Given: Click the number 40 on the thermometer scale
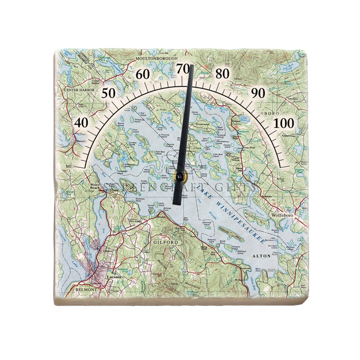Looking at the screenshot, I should click(x=81, y=122).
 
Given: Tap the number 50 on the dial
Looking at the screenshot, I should click(x=109, y=92).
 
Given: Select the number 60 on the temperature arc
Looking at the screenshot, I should click(x=143, y=74).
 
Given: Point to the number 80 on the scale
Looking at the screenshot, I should click(x=223, y=74).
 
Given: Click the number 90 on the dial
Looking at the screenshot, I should click(x=258, y=92).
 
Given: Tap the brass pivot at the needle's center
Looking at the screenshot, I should click(x=179, y=177).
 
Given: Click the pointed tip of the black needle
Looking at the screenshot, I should click(x=191, y=66).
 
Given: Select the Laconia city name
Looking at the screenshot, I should click(x=113, y=277).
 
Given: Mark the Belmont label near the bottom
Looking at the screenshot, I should click(x=84, y=289).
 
